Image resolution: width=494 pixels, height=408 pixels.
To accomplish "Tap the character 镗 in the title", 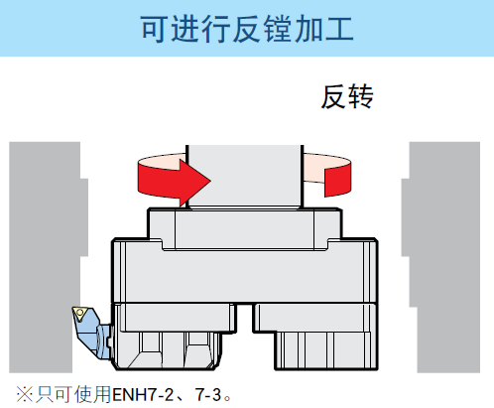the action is click(279, 29).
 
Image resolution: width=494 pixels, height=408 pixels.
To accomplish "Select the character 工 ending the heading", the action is click(339, 29).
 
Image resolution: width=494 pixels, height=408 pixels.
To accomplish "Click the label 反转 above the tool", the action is click(347, 96).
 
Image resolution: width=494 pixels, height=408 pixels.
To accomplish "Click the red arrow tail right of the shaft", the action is click(337, 182).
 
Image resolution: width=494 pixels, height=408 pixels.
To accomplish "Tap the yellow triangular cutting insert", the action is click(79, 312).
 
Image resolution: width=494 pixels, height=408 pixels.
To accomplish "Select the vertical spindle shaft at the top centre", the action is click(244, 177).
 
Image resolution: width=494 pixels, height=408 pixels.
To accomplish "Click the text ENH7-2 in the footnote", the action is click(143, 394).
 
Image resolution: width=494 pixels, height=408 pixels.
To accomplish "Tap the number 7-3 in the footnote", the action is click(208, 394).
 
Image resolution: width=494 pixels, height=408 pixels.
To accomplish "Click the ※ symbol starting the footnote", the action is click(24, 395).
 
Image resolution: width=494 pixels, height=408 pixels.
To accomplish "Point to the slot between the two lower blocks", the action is click(245, 318).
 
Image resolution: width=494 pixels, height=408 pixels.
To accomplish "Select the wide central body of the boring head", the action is click(245, 271).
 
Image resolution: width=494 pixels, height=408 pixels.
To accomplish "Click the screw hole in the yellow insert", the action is click(79, 313).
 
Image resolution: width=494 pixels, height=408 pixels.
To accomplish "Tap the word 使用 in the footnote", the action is click(92, 394).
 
